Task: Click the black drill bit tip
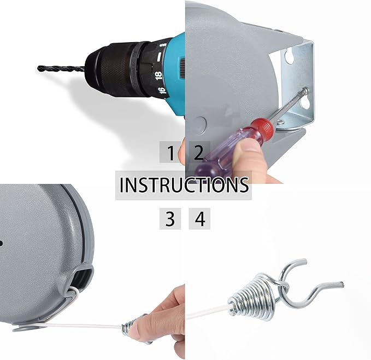pyautogui.click(x=39, y=68)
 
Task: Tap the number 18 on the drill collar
pyautogui.click(x=158, y=76)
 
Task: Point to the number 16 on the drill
pyautogui.click(x=162, y=90)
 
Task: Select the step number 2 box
pyautogui.click(x=199, y=152)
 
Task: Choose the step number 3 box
pyautogui.click(x=170, y=219)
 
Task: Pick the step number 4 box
pyautogui.click(x=199, y=219)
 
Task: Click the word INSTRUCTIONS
pyautogui.click(x=184, y=185)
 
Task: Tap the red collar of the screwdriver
pyautogui.click(x=262, y=128)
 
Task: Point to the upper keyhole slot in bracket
pyautogui.click(x=290, y=55)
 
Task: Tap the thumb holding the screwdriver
pyautogui.click(x=246, y=146)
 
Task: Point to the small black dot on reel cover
pyautogui.click(x=1, y=243)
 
